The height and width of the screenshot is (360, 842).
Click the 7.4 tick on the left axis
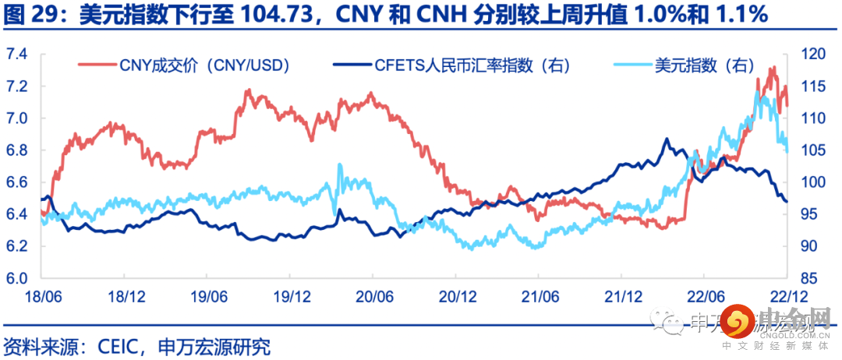[x=16, y=54]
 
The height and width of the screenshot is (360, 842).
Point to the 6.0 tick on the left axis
[x=16, y=278]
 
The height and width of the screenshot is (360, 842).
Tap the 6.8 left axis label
[x=16, y=150]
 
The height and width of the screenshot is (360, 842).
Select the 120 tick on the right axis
[x=811, y=54]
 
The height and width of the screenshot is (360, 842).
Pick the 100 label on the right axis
[x=811, y=182]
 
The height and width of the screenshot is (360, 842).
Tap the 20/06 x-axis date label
[x=373, y=297]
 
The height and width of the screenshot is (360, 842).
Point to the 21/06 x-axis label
[x=539, y=297]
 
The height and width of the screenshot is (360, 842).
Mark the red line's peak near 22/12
[x=772, y=68]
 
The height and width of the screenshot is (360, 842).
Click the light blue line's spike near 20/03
[x=339, y=164]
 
